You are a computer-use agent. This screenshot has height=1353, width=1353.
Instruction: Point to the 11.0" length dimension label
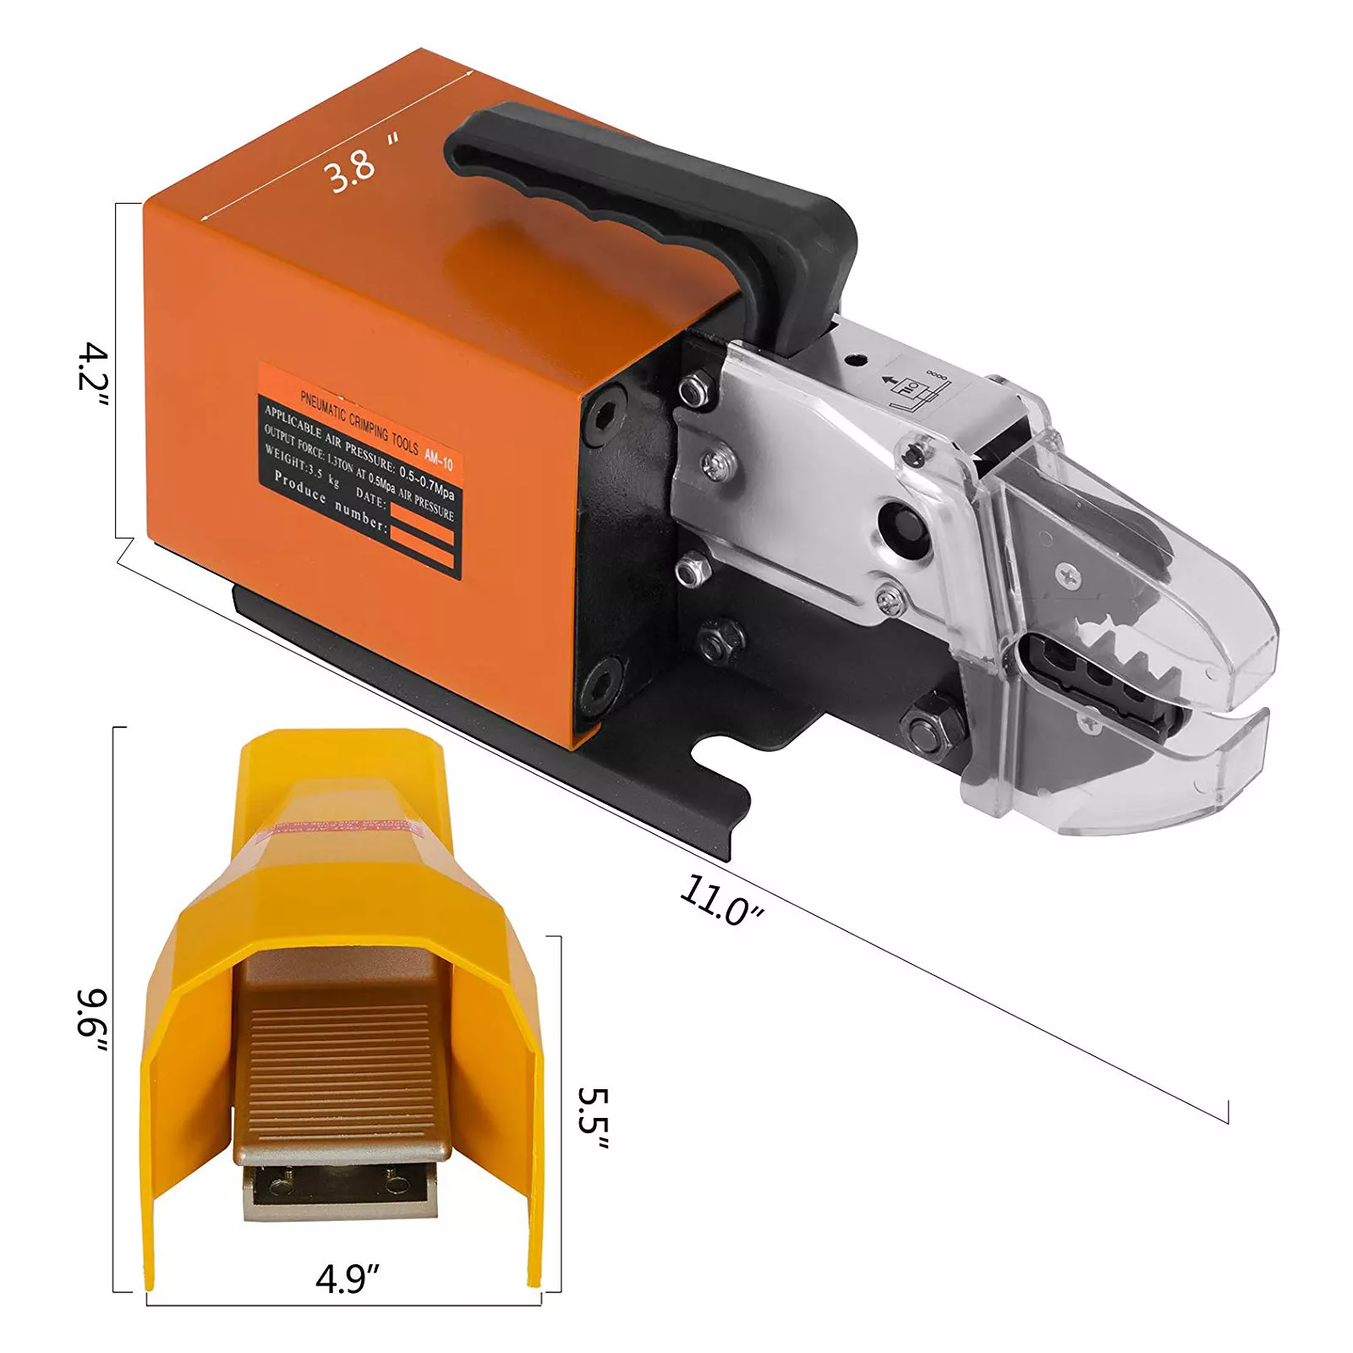[720, 901]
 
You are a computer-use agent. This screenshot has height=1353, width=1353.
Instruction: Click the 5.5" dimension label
[592, 1118]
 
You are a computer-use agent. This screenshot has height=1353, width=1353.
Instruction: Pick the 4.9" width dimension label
[347, 1279]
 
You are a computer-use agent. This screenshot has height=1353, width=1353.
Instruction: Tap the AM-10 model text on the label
[438, 459]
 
